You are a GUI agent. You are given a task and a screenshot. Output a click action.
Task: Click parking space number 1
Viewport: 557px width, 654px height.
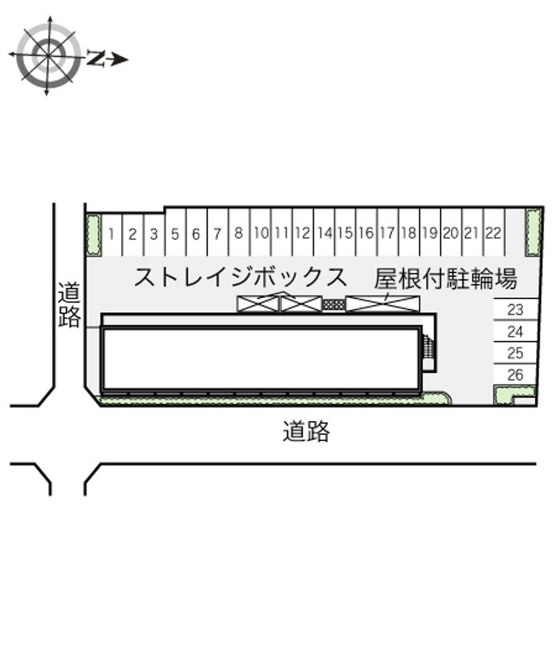pyautogui.click(x=111, y=234)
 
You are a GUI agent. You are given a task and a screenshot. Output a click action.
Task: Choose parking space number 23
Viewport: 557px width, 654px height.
pyautogui.click(x=515, y=310)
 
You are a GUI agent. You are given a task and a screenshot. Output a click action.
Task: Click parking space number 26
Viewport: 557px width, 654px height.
pyautogui.click(x=515, y=374)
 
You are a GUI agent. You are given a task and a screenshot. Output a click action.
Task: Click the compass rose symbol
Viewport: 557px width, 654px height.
pyautogui.click(x=47, y=56)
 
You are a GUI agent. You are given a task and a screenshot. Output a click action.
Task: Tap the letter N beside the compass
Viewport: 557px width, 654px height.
pyautogui.click(x=95, y=58)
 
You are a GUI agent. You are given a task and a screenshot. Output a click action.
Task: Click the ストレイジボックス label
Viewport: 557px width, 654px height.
pyautogui.click(x=240, y=277)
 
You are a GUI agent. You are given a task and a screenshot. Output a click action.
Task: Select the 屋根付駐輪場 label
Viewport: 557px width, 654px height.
pyautogui.click(x=446, y=278)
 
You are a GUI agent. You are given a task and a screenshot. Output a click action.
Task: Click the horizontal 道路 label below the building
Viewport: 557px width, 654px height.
pyautogui.click(x=306, y=431)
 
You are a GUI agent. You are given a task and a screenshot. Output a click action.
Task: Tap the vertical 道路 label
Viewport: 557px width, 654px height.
pyautogui.click(x=69, y=305)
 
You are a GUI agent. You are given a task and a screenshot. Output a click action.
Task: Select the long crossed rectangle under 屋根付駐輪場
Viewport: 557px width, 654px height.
pyautogui.click(x=382, y=303)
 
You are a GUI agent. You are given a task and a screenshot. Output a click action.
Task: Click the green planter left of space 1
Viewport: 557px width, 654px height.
pyautogui.click(x=93, y=235)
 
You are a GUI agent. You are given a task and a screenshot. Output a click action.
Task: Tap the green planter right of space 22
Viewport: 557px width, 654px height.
pyautogui.click(x=533, y=232)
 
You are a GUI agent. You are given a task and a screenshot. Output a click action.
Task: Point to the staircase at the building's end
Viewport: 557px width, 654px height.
pyautogui.click(x=428, y=346)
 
